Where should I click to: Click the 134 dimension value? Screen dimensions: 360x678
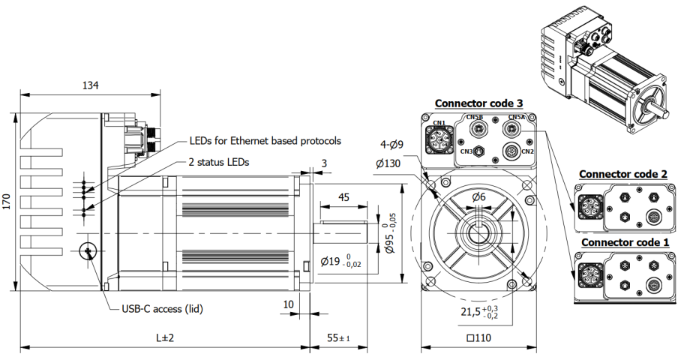(x=90, y=85)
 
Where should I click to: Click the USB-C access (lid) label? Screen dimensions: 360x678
(x=162, y=308)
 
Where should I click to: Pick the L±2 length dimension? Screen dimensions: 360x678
(x=164, y=338)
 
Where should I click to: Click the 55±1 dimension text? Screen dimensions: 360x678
(x=339, y=338)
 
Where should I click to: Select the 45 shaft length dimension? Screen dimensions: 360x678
(x=344, y=198)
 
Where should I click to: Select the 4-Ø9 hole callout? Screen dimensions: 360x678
(x=391, y=145)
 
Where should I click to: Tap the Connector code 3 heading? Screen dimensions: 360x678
(x=478, y=103)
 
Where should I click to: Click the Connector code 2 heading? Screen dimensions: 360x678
(x=623, y=174)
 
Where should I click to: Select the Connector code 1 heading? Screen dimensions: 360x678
(x=623, y=243)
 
